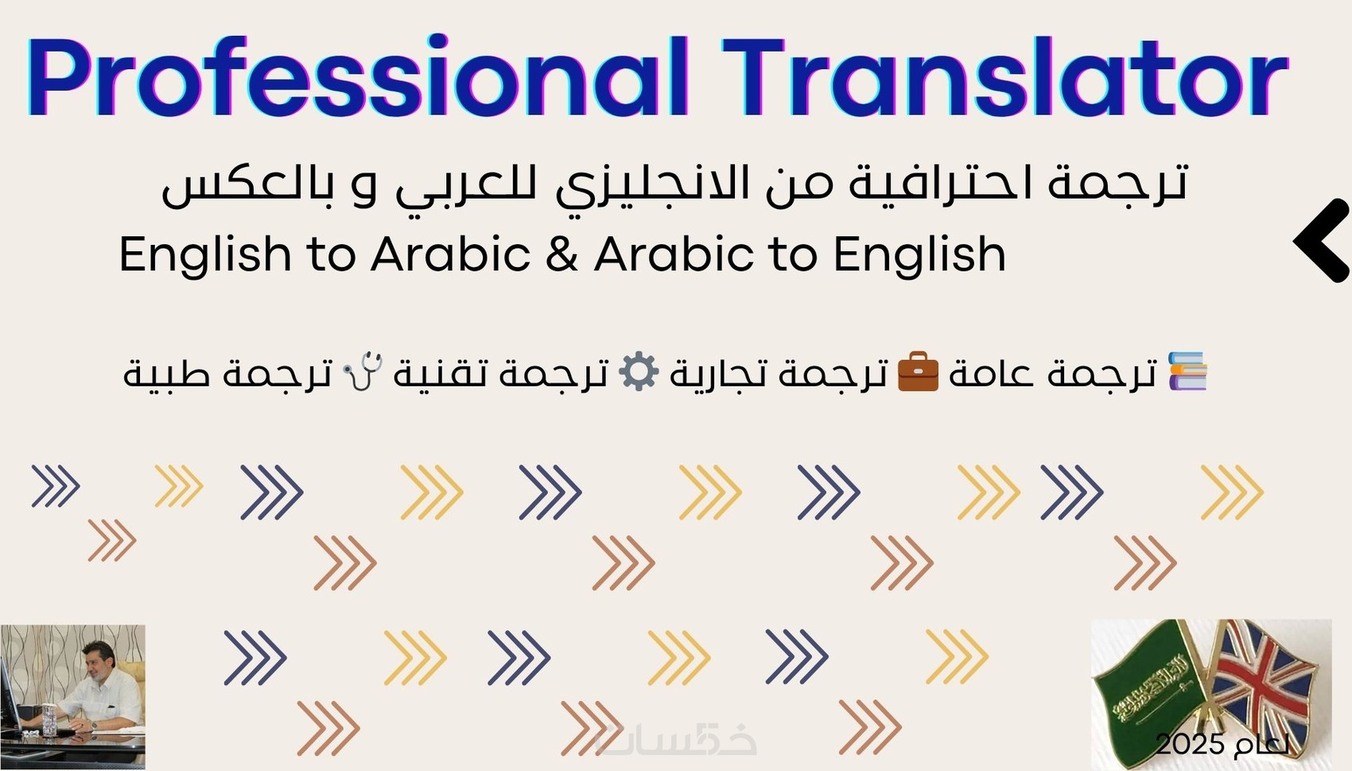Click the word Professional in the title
357,76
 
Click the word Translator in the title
1005,76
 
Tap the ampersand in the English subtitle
561,254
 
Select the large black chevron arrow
1322,240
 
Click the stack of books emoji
1187,371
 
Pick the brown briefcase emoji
918,371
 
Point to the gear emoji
639,371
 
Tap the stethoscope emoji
363,371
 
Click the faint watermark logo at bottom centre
675,741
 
